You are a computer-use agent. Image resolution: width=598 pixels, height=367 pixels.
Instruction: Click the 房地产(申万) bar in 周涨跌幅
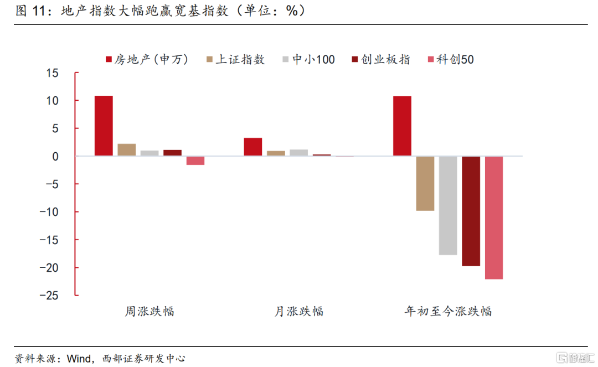click(104, 126)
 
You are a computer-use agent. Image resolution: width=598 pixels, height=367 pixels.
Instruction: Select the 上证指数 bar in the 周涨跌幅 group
click(127, 150)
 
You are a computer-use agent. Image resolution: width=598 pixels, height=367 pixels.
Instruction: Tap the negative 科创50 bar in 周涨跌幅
click(195, 161)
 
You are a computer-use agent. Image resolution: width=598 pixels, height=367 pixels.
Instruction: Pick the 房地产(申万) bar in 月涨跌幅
click(253, 147)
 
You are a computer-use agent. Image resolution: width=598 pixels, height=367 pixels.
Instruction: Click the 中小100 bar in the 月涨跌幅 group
click(298, 153)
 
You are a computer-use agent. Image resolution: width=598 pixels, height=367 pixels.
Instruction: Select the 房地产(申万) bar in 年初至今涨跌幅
click(402, 126)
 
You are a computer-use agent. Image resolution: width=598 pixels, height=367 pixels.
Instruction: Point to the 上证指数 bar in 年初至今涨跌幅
click(425, 183)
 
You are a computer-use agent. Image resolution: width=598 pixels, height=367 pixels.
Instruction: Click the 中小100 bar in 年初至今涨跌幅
click(448, 205)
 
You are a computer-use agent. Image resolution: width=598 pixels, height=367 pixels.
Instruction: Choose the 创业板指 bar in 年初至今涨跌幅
click(471, 211)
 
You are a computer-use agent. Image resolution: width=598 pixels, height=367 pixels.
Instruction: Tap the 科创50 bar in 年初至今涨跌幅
click(494, 218)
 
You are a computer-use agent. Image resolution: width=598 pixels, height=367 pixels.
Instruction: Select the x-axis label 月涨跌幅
click(299, 311)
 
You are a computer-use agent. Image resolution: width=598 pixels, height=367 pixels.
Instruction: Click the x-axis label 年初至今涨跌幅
click(448, 311)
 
